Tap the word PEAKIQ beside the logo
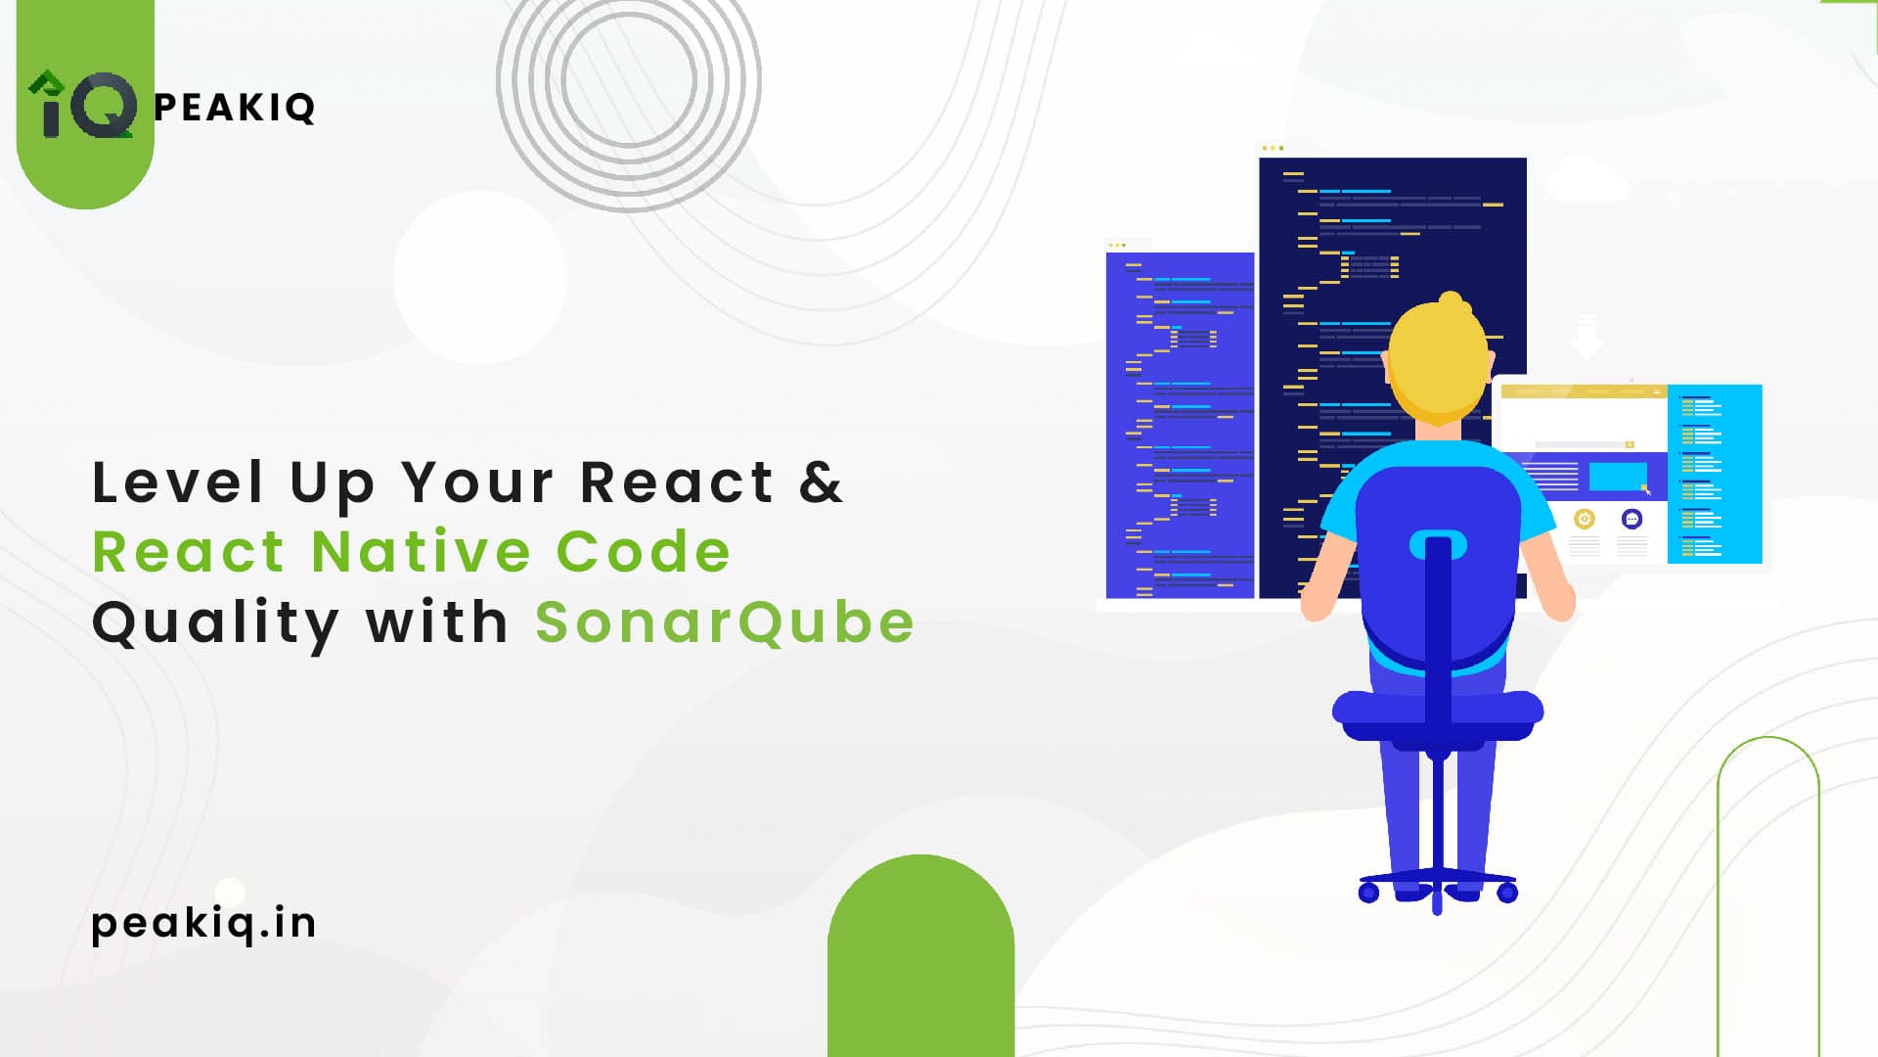click(235, 108)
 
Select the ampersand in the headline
click(821, 483)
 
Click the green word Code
click(644, 551)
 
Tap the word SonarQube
click(725, 622)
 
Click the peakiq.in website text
click(203, 923)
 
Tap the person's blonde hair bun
click(1451, 302)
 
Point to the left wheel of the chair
click(1369, 892)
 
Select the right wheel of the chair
click(1507, 892)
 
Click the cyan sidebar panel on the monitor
click(1715, 474)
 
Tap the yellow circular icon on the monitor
click(1585, 519)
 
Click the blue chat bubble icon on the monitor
click(1632, 519)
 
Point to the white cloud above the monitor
click(1587, 178)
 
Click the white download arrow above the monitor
click(1587, 338)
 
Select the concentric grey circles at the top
click(629, 80)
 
